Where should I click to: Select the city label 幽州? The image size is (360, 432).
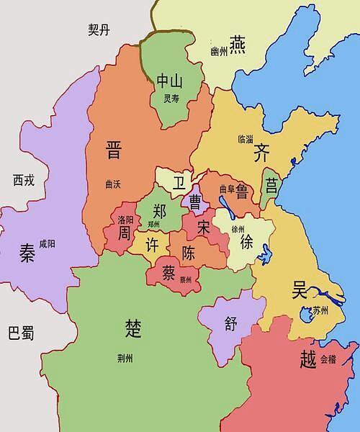coord(218,52)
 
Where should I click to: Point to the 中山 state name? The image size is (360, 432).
coord(171,81)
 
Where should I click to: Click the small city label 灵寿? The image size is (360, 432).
coord(171,99)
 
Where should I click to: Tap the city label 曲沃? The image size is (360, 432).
coord(112,184)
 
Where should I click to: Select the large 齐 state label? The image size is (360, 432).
coord(261,153)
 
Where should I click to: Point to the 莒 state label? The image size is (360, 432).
coord(271,186)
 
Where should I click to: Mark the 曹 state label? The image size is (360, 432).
coord(194,202)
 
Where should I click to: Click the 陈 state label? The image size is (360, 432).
coord(189,253)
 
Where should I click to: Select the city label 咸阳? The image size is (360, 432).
coord(47,244)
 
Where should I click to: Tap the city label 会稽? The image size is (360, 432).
coord(328,358)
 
